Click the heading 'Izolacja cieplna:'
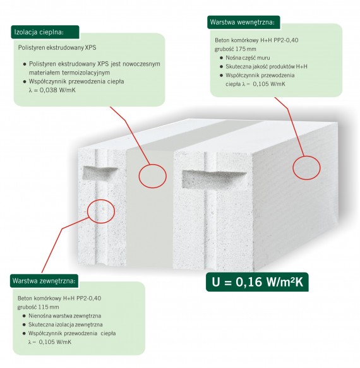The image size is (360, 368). pyautogui.click(x=39, y=32)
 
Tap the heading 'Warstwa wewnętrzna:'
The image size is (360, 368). pyautogui.click(x=242, y=22)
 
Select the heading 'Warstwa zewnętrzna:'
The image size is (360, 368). pyautogui.click(x=44, y=281)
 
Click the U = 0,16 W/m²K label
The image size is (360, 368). pyautogui.click(x=257, y=282)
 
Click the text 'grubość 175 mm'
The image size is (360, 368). pyautogui.click(x=236, y=49)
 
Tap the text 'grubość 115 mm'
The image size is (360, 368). pyautogui.click(x=38, y=307)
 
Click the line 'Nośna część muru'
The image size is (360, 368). pyautogui.click(x=248, y=57)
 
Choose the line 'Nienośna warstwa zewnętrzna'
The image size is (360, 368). pyautogui.click(x=65, y=316)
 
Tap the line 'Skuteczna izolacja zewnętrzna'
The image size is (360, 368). pyautogui.click(x=66, y=324)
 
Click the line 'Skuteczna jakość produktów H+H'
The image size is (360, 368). pyautogui.click(x=267, y=67)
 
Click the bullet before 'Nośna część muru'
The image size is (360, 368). pyautogui.click(x=221, y=58)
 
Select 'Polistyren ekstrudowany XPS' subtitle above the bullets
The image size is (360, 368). pyautogui.click(x=57, y=47)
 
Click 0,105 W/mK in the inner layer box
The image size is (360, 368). pyautogui.click(x=269, y=84)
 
